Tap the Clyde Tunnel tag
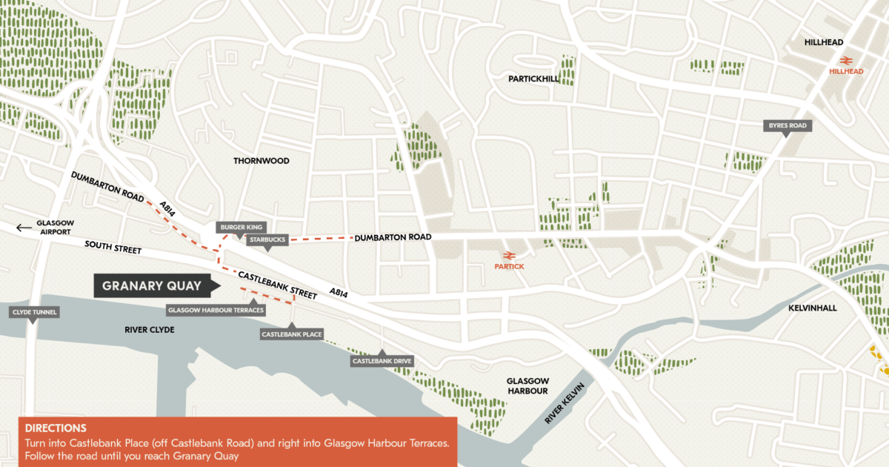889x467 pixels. click(x=34, y=312)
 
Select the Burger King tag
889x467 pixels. click(x=240, y=227)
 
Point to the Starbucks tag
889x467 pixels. click(x=267, y=239)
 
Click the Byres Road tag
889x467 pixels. click(x=788, y=126)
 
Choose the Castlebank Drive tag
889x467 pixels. click(x=382, y=361)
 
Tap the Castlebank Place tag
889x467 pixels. click(x=292, y=334)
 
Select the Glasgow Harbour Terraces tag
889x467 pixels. click(x=216, y=310)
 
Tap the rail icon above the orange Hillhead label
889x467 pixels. click(x=845, y=60)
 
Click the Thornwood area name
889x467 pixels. click(x=261, y=161)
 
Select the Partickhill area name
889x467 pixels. click(x=533, y=79)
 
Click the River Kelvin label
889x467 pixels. click(x=565, y=405)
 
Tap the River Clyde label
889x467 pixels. click(x=149, y=329)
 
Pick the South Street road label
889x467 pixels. click(x=113, y=247)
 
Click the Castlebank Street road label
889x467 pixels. click(x=272, y=280)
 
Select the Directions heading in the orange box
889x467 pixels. click(x=56, y=428)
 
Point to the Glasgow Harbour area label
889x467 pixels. click(x=527, y=385)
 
